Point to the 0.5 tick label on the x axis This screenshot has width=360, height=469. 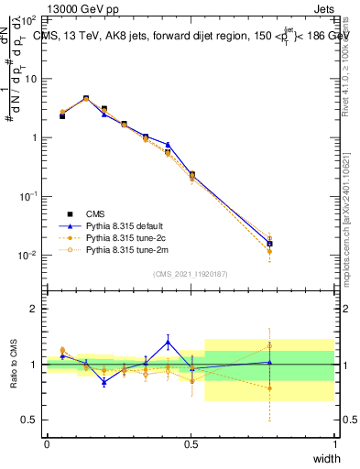point(191,445)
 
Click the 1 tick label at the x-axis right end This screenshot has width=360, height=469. point(334,445)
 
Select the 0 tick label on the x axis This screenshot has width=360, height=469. point(47,445)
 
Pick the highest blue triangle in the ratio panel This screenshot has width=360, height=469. point(168,343)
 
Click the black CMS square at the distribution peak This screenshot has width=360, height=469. point(86,98)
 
